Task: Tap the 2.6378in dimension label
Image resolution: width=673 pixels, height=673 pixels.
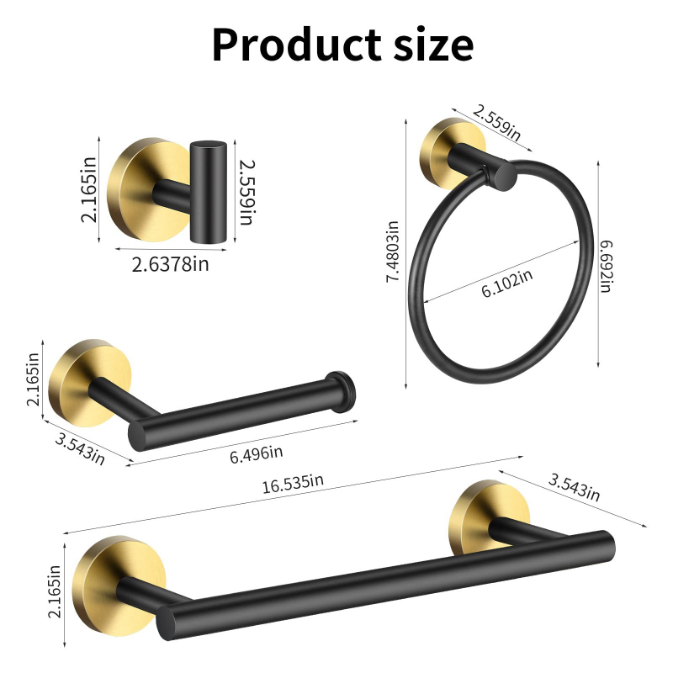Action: point(170,264)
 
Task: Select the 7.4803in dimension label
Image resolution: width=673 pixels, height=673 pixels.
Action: point(393,252)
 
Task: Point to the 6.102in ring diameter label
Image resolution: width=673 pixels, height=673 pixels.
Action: point(507,284)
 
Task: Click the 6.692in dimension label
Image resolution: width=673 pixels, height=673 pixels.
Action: point(606,267)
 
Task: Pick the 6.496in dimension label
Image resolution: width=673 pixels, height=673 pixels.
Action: point(257,454)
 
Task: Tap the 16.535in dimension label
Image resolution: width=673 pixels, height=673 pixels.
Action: point(293,484)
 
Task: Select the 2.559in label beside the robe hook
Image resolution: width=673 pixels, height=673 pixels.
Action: point(246,193)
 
